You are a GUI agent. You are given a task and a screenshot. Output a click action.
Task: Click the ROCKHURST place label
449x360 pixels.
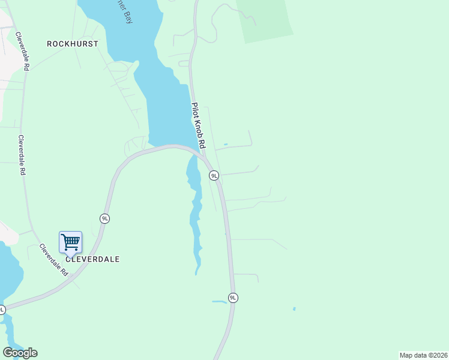pyautogui.click(x=73, y=44)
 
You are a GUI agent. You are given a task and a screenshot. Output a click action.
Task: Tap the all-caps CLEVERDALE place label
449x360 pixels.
pyautogui.click(x=92, y=259)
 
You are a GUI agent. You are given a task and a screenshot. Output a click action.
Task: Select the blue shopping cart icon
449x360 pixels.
pyautogui.click(x=70, y=242)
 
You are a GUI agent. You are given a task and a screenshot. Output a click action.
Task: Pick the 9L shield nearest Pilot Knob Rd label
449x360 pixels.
pyautogui.click(x=214, y=175)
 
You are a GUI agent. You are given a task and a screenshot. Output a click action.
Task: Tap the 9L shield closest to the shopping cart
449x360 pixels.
pyautogui.click(x=105, y=218)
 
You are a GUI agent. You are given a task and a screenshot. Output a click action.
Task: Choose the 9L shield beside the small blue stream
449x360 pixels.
pyautogui.click(x=233, y=298)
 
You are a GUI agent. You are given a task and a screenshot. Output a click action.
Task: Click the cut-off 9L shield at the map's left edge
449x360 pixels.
pyautogui.click(x=2, y=310)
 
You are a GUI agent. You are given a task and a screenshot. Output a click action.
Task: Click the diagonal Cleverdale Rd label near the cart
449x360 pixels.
pyautogui.click(x=54, y=259)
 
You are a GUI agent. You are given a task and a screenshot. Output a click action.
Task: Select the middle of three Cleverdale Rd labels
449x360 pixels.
pyautogui.click(x=22, y=155)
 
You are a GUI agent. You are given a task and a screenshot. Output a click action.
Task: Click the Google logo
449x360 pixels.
pyautogui.click(x=20, y=353)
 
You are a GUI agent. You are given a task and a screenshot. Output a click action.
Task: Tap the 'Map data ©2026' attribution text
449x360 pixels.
pyautogui.click(x=423, y=355)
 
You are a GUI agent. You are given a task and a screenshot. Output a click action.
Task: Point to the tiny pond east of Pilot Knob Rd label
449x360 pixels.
pyautogui.click(x=225, y=144)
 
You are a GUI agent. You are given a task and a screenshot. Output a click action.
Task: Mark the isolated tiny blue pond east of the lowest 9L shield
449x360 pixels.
pyautogui.click(x=294, y=309)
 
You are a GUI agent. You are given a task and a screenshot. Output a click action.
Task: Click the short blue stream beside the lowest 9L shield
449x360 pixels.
pyautogui.click(x=219, y=301)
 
